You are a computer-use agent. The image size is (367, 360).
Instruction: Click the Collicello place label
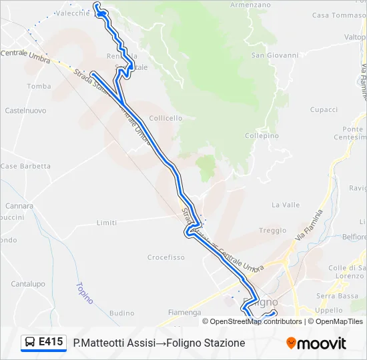(x=165, y=118)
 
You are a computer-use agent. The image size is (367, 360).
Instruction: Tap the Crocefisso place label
(x=166, y=257)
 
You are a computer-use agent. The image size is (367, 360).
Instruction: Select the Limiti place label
(x=107, y=223)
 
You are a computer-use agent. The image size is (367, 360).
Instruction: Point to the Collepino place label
(x=262, y=135)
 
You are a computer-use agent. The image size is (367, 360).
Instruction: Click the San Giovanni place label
(x=274, y=55)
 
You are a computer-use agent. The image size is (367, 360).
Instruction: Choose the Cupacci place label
(x=324, y=109)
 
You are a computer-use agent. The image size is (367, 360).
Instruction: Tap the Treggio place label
(x=272, y=231)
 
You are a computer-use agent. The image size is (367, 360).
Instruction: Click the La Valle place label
(x=286, y=205)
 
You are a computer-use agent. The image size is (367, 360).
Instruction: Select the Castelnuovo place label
(x=25, y=109)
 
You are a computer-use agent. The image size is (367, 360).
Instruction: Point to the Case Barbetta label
(x=25, y=166)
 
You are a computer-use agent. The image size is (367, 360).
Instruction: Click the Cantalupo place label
(x=27, y=284)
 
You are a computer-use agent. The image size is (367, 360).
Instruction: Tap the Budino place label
(x=121, y=313)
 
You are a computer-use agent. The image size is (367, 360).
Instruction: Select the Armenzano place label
(x=250, y=4)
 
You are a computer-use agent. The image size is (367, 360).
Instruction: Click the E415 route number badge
(x=51, y=342)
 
